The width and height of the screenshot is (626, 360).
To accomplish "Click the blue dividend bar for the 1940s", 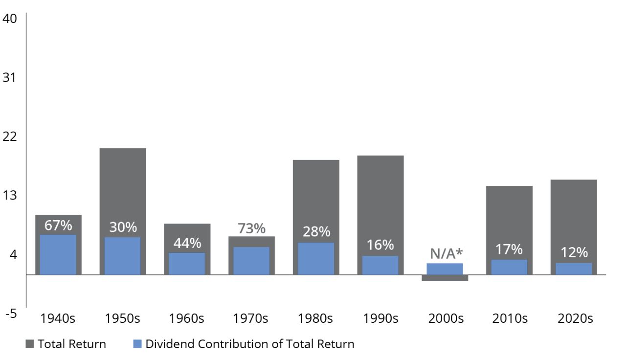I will point(58,255).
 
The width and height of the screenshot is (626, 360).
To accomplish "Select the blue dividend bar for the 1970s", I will point(251,261).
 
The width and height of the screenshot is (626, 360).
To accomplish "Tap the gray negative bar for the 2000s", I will point(445,278).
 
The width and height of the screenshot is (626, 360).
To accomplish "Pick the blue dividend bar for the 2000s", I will point(445,269).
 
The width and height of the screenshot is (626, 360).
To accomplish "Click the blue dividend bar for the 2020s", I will point(574,269).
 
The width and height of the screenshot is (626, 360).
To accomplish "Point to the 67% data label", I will point(58,225).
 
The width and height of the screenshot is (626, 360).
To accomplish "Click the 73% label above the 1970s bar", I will point(251,228).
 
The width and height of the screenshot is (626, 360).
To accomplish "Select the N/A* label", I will point(446,253).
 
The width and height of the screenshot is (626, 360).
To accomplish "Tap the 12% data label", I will point(574,252).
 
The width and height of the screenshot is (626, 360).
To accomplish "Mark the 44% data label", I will point(187,243).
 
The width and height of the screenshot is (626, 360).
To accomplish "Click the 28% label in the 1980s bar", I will point(316,232).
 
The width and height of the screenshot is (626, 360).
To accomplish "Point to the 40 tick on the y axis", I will point(10,19).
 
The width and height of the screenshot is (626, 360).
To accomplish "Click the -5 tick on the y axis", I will point(10,314).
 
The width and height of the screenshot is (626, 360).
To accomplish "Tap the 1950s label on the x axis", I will point(122,318).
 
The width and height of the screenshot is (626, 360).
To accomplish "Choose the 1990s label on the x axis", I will point(380,318).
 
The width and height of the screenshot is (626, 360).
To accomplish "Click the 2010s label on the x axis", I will point(510,318).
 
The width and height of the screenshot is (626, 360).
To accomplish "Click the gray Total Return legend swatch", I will point(29,344).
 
